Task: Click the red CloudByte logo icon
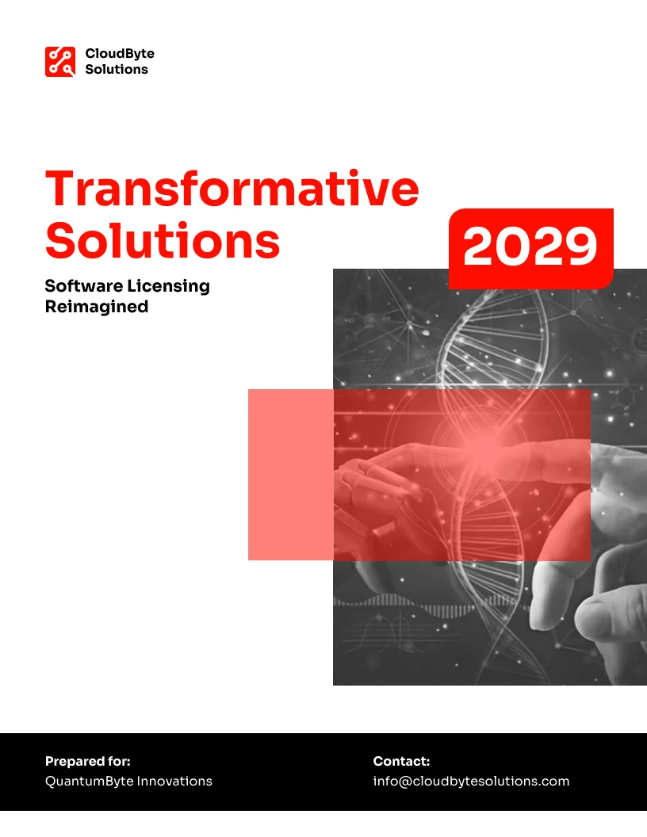click(x=59, y=61)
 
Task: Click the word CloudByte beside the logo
click(x=120, y=53)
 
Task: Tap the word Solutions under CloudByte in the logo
click(x=117, y=70)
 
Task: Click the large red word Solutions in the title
click(x=163, y=240)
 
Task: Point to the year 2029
click(x=530, y=246)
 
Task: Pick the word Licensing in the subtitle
click(x=168, y=287)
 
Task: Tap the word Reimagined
click(x=97, y=307)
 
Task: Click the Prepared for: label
click(x=87, y=761)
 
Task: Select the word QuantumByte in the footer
click(x=89, y=781)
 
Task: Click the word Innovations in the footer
click(x=174, y=781)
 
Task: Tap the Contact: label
click(x=401, y=761)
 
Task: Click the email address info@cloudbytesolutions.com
click(x=471, y=781)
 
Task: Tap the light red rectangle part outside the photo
click(x=291, y=475)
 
